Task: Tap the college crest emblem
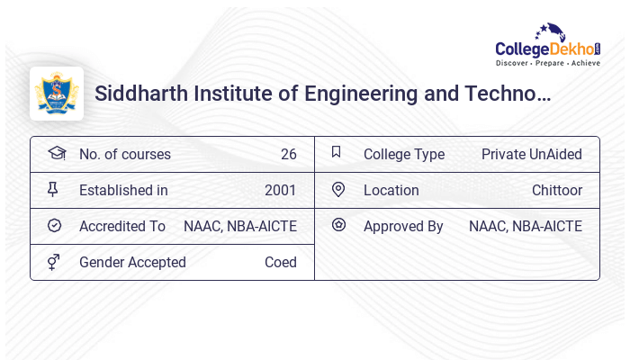57,94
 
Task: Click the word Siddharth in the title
139,94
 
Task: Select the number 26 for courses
288,154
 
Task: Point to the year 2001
280,190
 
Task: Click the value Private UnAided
531,154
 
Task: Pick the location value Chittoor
556,190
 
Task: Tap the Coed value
280,262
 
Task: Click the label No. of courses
124,154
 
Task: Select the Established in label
123,190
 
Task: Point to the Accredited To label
122,226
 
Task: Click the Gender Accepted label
132,262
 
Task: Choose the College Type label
403,154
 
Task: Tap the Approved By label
403,226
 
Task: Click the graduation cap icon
56,153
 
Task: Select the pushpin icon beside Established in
53,189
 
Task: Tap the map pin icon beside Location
338,189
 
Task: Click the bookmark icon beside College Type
336,152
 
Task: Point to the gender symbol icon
54,261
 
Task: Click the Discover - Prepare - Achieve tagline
547,64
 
